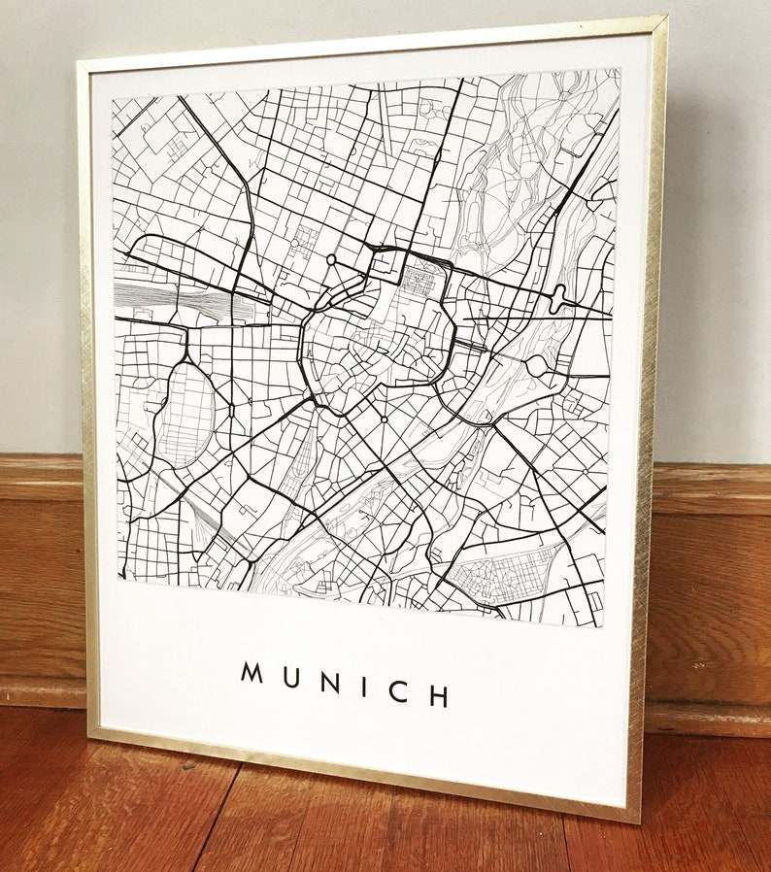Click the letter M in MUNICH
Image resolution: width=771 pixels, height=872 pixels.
pos(252,672)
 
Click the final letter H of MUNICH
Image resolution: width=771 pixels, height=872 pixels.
pos(438,695)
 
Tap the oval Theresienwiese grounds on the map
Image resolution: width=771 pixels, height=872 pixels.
pos(185,414)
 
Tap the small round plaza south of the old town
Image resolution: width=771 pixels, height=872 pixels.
pos(385,419)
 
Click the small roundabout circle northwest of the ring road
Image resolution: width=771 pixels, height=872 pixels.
pos(331,259)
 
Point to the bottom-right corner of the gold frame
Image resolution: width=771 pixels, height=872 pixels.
pos(638,820)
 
